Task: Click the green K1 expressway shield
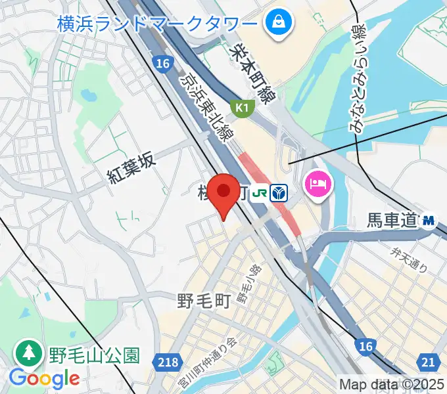point(241,107)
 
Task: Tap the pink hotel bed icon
point(319,182)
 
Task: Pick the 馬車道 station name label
point(392,221)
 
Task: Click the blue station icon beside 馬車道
point(429,221)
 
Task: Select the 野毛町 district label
point(203,302)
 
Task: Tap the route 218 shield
point(169,362)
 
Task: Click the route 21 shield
point(429,362)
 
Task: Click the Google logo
point(44,378)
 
